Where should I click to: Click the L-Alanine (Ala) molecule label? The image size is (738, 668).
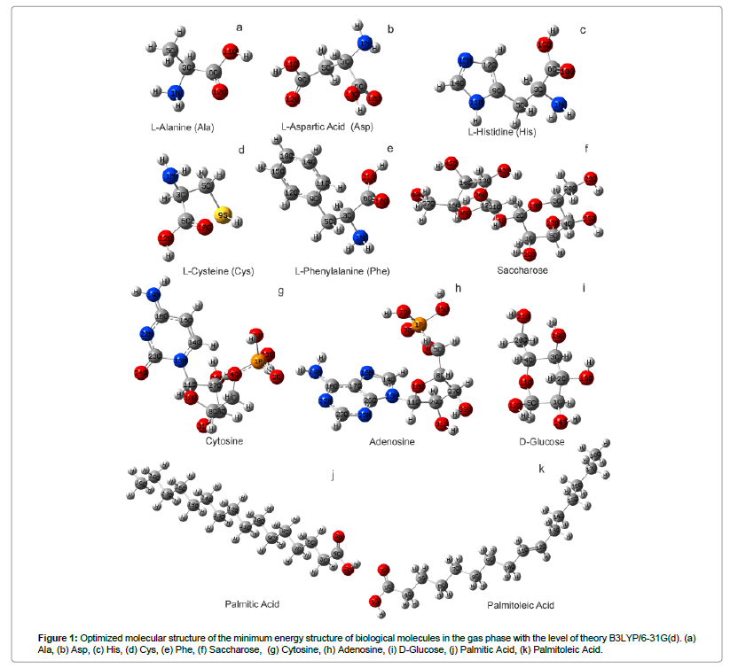pyautogui.click(x=182, y=126)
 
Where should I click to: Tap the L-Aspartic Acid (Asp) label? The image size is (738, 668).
pyautogui.click(x=327, y=127)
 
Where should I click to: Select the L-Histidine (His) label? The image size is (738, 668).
pyautogui.click(x=502, y=132)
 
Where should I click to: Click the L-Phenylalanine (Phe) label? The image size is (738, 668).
pyautogui.click(x=342, y=270)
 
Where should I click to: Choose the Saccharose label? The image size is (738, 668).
pyautogui.click(x=523, y=270)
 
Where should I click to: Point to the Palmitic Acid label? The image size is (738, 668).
pyautogui.click(x=252, y=603)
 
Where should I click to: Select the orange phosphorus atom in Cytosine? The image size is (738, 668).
pyautogui.click(x=258, y=361)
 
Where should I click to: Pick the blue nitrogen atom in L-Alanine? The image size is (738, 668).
pyautogui.click(x=176, y=92)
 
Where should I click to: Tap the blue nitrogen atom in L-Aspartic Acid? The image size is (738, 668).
pyautogui.click(x=365, y=44)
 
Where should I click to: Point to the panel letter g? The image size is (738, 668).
pyautogui.click(x=280, y=291)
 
